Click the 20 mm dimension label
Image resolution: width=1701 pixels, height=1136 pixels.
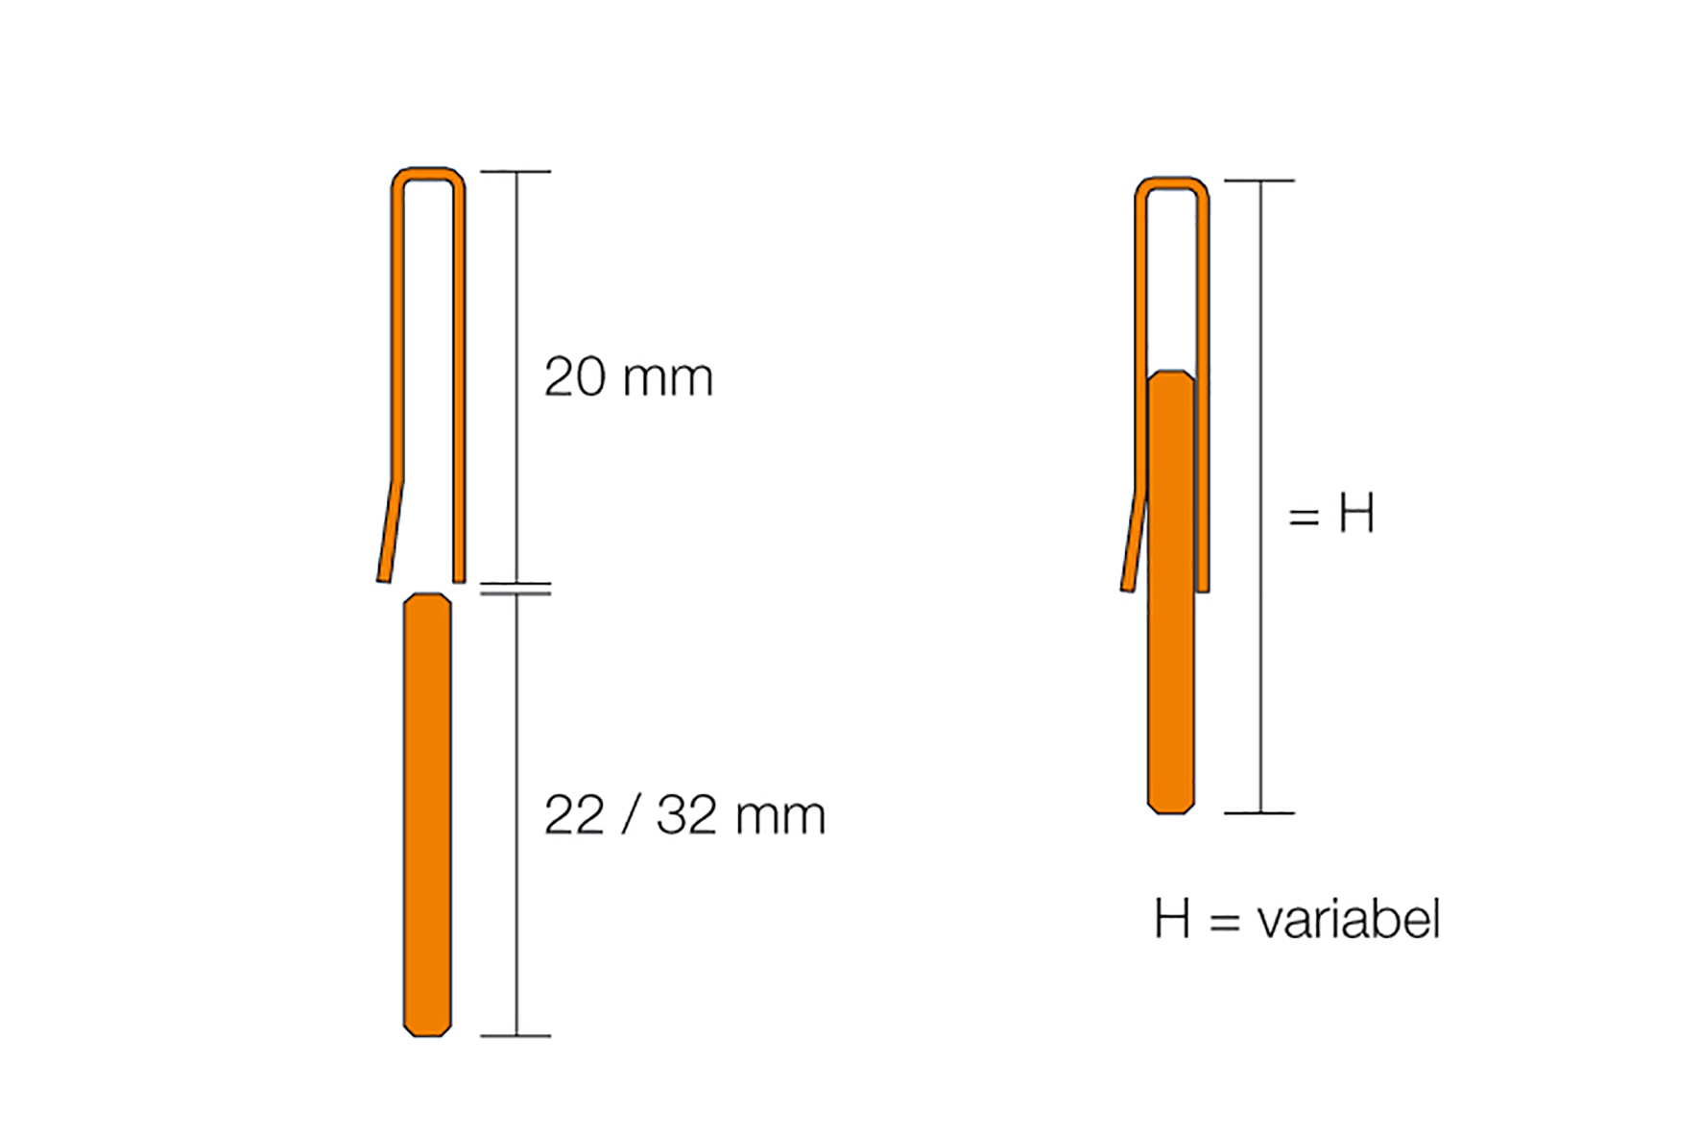(x=629, y=376)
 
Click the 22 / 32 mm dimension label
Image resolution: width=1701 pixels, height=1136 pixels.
(x=684, y=815)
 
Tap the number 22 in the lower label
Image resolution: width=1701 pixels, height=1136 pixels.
(x=574, y=815)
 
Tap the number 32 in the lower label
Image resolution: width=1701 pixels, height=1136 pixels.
(x=686, y=815)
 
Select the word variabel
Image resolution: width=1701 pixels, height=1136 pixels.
(x=1349, y=919)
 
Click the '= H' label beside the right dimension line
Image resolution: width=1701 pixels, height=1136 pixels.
(x=1331, y=513)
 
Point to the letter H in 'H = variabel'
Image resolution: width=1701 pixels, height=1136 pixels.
(x=1172, y=919)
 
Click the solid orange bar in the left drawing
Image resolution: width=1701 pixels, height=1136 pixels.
(x=427, y=814)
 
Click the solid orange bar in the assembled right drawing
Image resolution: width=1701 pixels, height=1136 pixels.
(x=1171, y=592)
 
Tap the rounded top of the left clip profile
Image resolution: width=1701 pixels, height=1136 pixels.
(x=428, y=174)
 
